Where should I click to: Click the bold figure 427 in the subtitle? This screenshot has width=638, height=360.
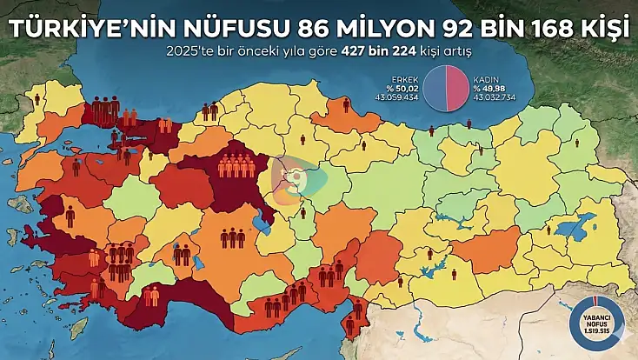point(378,50)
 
